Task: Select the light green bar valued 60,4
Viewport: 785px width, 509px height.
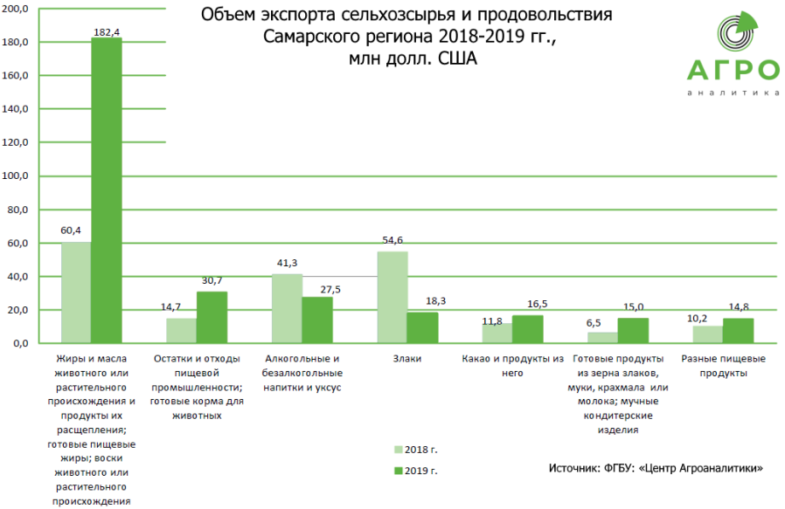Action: point(76,292)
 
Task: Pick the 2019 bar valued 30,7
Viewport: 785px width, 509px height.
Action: point(212,317)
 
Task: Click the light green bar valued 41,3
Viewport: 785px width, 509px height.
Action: point(287,308)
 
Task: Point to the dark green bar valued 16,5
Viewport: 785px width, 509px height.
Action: point(527,329)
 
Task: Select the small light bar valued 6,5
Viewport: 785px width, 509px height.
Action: point(602,337)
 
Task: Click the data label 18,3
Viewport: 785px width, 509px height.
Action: point(434,301)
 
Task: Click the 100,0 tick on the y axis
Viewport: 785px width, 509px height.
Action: point(18,176)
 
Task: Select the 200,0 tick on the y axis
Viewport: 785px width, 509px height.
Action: point(18,9)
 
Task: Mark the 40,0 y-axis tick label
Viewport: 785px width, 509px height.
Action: point(20,277)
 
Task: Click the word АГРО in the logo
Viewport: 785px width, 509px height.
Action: point(733,71)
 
